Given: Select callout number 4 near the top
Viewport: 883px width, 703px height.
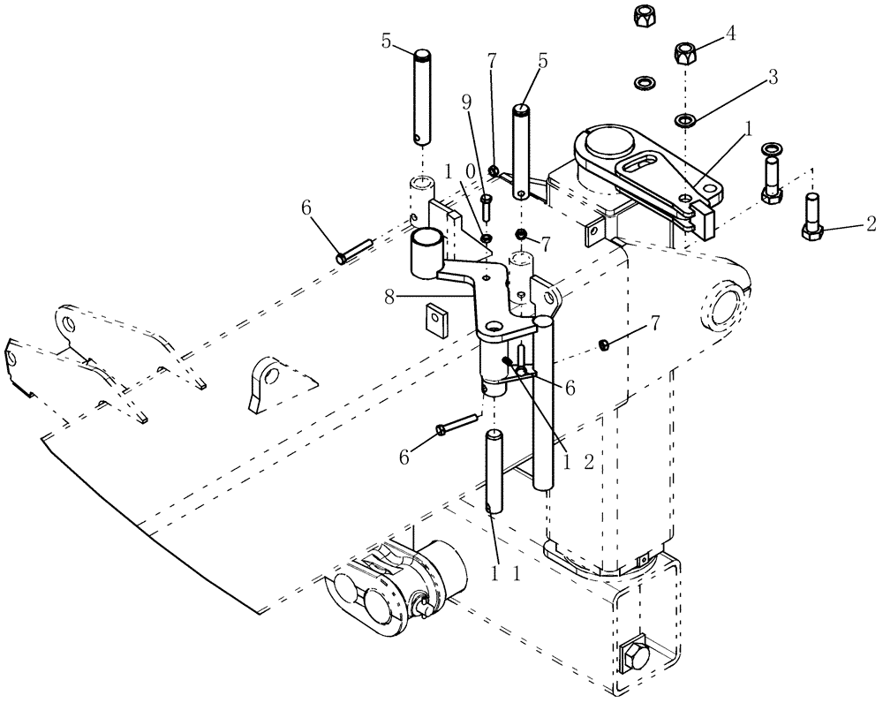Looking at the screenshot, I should [729, 34].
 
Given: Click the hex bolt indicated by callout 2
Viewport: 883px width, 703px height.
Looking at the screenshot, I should [812, 216].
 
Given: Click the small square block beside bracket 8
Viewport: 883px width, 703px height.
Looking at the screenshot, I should [434, 314].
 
